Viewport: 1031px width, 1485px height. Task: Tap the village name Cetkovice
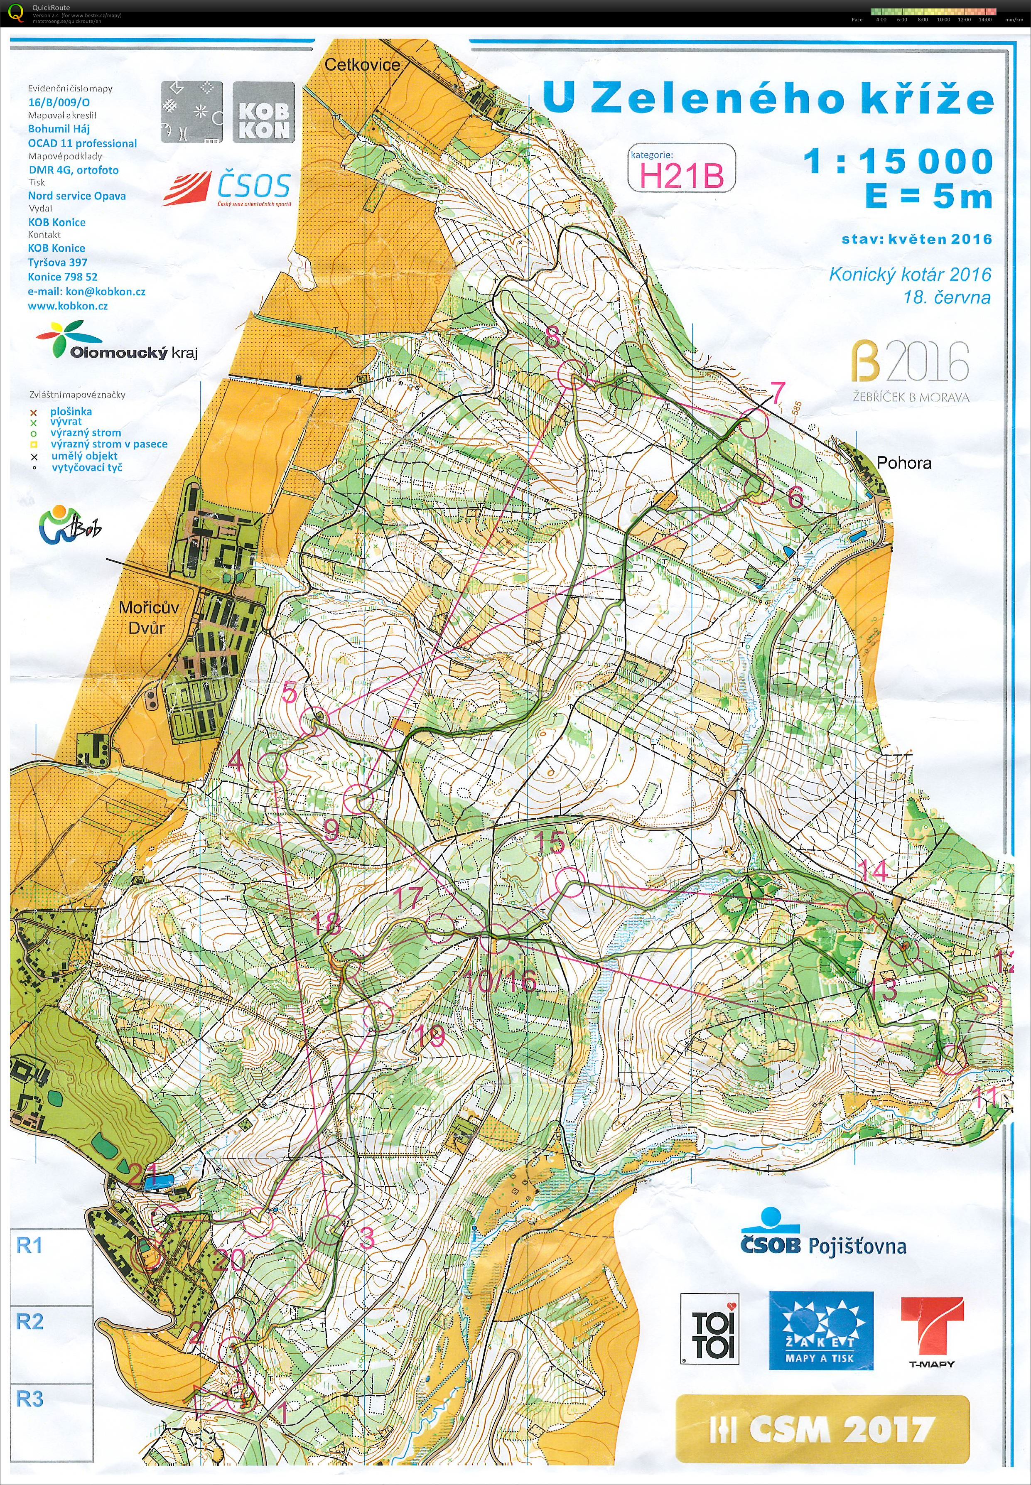pos(362,65)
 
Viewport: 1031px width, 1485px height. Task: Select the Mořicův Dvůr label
pos(149,617)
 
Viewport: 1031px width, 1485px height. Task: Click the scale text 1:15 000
pos(898,161)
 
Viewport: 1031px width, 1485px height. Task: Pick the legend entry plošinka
pos(71,412)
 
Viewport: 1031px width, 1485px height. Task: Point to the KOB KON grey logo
pos(263,113)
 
